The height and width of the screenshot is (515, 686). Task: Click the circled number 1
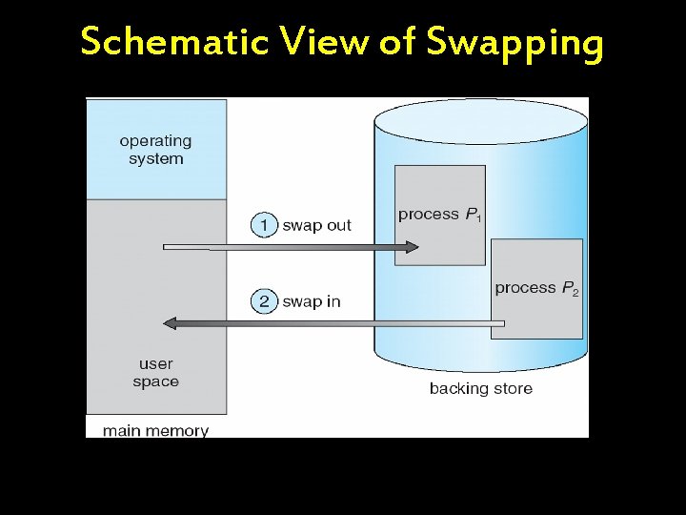263,225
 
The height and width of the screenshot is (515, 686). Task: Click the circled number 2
263,301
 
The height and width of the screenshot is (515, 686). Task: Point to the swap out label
317,225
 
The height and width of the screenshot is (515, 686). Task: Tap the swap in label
312,301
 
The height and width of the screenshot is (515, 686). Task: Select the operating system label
155,150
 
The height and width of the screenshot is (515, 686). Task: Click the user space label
155,373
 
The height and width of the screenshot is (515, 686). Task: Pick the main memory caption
155,430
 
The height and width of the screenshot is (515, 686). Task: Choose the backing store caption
480,388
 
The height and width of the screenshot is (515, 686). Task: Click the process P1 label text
438,215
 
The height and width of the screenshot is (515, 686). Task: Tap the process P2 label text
535,288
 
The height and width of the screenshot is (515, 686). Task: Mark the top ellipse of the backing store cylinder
481,120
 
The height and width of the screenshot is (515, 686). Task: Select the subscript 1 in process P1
478,219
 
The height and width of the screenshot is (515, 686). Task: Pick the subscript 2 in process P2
575,293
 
